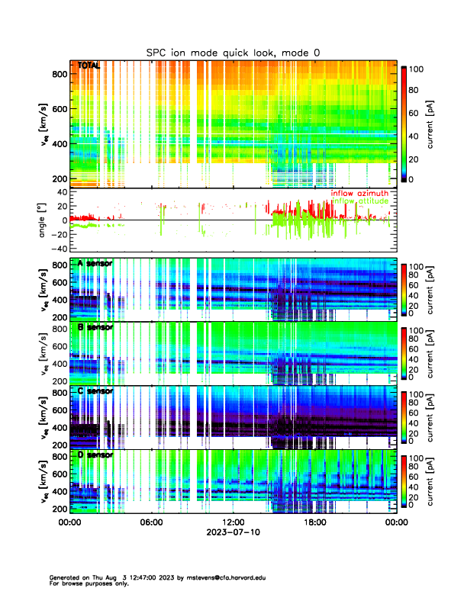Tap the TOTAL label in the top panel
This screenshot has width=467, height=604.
tap(89, 66)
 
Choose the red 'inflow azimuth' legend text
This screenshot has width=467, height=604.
tap(359, 193)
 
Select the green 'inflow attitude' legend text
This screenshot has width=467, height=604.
tap(359, 201)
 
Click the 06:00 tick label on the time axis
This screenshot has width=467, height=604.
tap(151, 522)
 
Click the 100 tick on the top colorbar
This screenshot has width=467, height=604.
tap(417, 69)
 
